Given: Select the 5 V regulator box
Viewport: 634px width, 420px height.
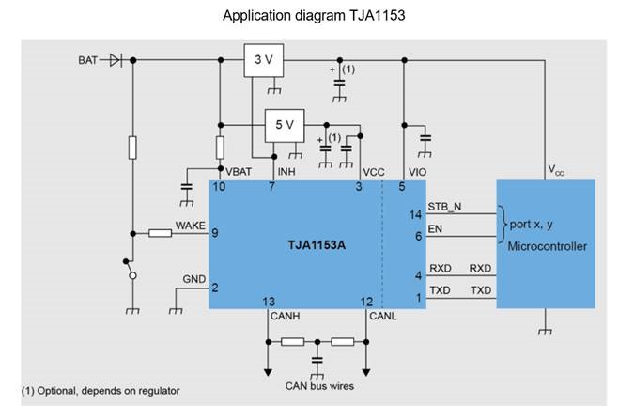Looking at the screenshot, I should pos(285,124).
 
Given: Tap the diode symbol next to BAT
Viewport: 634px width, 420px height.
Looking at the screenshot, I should pos(116,60).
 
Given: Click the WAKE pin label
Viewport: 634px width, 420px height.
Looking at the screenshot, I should pos(191,226).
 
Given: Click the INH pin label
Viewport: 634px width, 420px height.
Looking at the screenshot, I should pos(287,172).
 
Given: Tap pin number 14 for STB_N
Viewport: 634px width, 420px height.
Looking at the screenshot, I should pos(415,214).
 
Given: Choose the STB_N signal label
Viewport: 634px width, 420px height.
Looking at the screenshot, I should pos(445,207).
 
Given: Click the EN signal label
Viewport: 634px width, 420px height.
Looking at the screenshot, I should pos(435,228).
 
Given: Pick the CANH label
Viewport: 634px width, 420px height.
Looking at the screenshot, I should pos(285,316).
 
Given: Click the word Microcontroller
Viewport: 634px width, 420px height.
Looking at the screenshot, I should pos(546,246).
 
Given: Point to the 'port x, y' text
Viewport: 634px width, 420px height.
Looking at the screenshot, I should pos(532,225).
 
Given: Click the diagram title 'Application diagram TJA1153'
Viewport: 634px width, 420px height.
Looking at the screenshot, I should pos(317,16).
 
